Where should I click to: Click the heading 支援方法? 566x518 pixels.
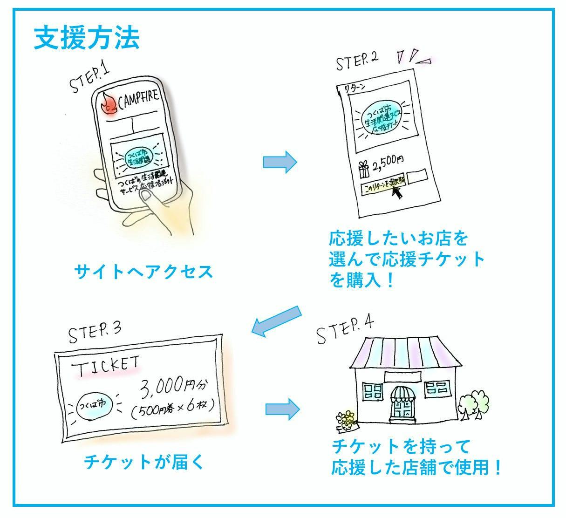click(87, 38)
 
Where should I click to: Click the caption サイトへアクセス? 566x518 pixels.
click(143, 271)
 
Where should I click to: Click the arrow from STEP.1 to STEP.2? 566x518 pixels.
click(280, 162)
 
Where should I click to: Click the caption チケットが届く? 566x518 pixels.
click(143, 462)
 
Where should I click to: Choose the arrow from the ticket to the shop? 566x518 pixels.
click(282, 408)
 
